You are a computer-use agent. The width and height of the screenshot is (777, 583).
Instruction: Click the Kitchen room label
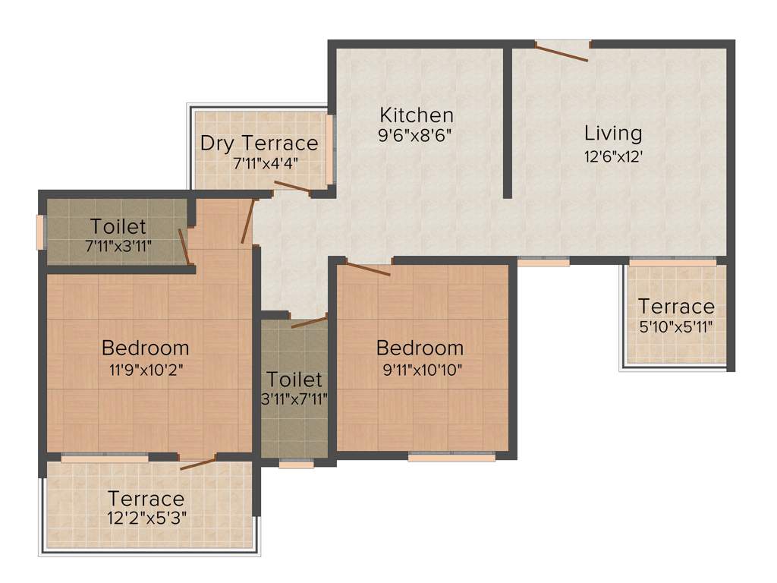[x=417, y=115]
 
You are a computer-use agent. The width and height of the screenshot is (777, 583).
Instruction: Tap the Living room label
[x=613, y=133]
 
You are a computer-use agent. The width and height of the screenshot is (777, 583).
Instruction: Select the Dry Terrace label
[x=259, y=143]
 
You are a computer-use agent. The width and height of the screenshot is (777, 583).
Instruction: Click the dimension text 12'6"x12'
[x=614, y=157]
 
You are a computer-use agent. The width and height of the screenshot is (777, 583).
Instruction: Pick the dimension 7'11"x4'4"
[x=265, y=162]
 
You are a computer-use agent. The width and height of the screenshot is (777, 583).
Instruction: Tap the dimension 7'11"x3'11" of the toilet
[x=118, y=246]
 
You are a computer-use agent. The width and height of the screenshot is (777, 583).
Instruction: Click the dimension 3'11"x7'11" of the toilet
[x=294, y=400]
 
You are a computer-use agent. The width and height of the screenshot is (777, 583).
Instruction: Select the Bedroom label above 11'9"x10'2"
[x=145, y=348]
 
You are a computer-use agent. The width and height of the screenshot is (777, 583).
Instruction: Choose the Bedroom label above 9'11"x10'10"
[x=420, y=348]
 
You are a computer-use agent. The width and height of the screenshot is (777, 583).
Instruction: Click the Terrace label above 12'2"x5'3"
[x=146, y=499]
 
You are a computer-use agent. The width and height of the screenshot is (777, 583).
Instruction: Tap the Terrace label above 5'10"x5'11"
[x=676, y=307]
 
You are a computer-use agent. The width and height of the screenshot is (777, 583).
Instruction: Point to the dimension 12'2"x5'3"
[x=146, y=518]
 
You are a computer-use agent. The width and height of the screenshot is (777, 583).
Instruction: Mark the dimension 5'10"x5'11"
[x=676, y=327]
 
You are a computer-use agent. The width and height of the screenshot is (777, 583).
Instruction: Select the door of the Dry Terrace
[x=292, y=187]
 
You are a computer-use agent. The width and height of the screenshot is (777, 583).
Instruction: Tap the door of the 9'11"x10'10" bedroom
[x=368, y=268]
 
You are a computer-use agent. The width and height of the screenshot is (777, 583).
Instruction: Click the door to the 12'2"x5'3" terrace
[x=197, y=462]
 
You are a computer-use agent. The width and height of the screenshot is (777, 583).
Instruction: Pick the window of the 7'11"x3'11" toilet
[x=42, y=232]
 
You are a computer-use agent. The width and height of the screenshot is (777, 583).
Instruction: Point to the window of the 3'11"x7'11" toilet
[x=295, y=463]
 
